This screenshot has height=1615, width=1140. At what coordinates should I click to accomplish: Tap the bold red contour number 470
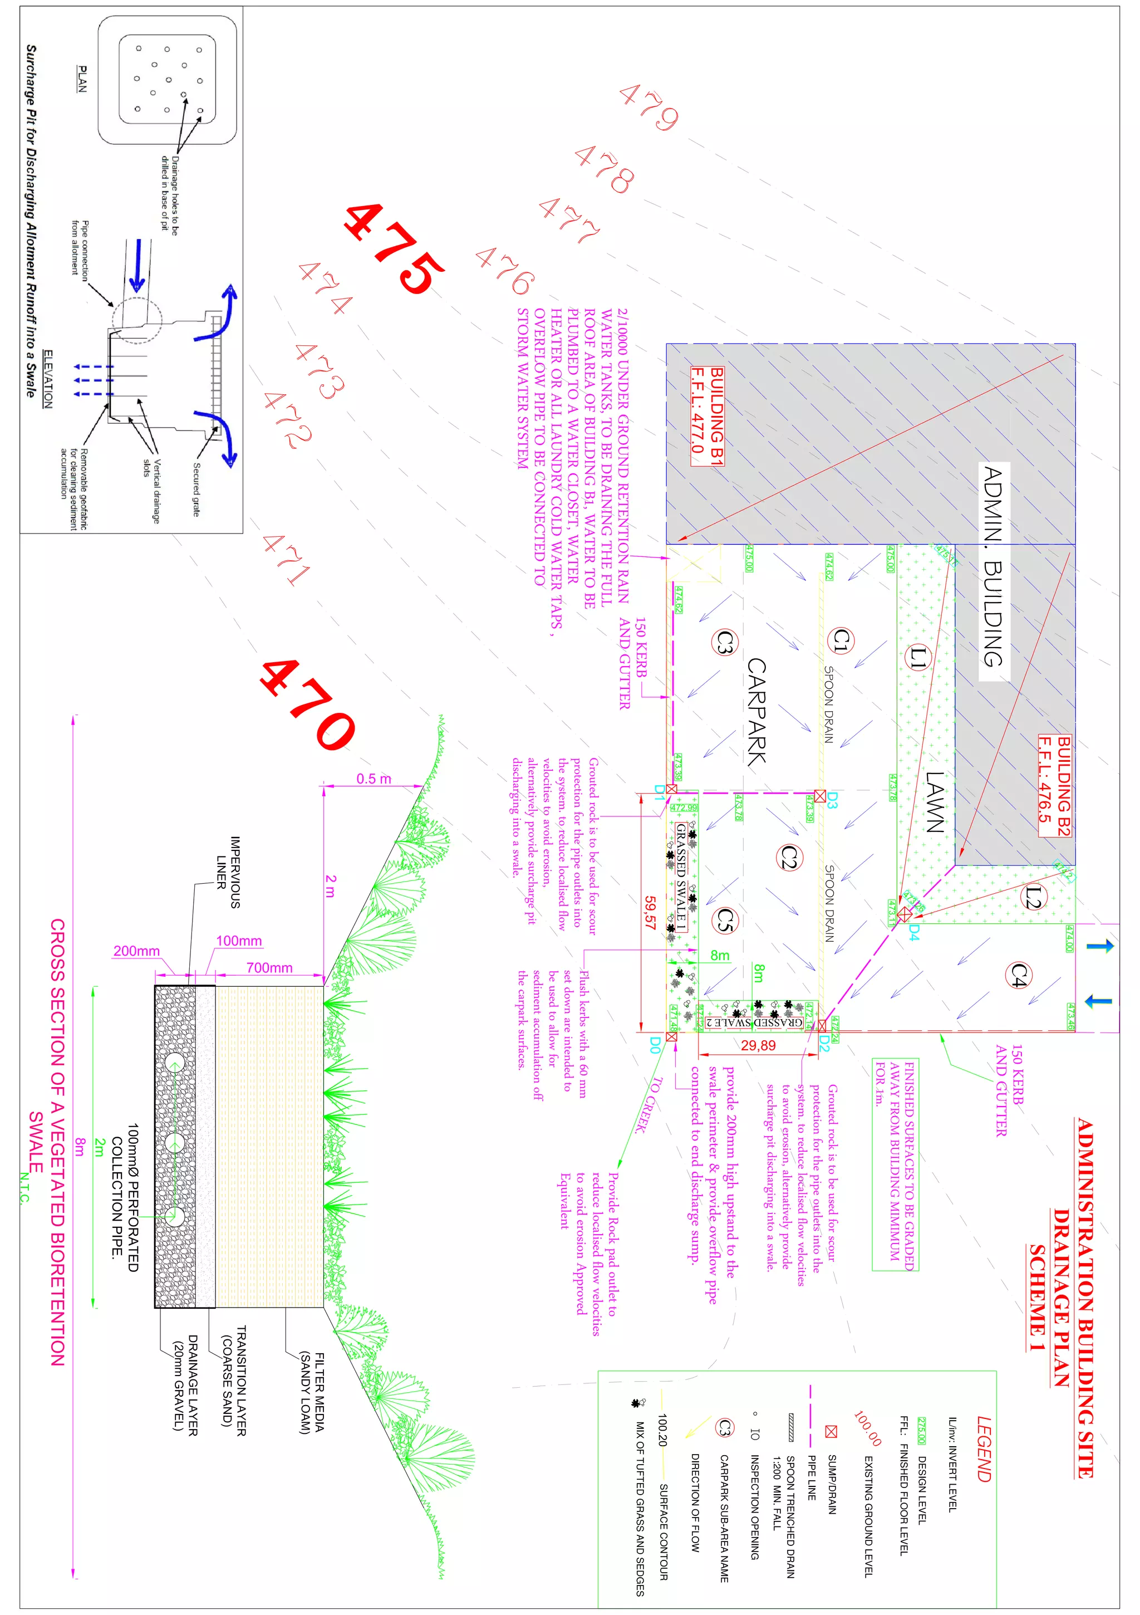pyautogui.click(x=307, y=705)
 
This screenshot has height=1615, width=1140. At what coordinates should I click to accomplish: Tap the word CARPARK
pyautogui.click(x=756, y=711)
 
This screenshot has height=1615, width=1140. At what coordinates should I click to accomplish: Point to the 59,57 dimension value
pyautogui.click(x=650, y=912)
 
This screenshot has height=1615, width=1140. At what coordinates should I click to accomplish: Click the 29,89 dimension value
pyautogui.click(x=758, y=1045)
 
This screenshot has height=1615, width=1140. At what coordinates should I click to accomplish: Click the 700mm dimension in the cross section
pyautogui.click(x=269, y=968)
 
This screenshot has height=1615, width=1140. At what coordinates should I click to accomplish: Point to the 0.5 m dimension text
pyautogui.click(x=374, y=779)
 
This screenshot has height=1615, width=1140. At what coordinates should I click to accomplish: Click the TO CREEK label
pyautogui.click(x=648, y=1105)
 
